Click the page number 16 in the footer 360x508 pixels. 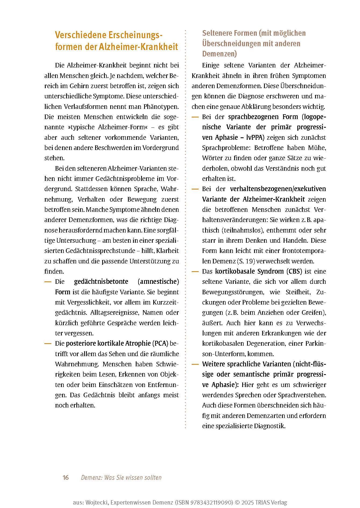[x=66, y=477]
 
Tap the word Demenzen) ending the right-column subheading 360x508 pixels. [x=219, y=54]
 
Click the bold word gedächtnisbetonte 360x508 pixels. [x=101, y=282]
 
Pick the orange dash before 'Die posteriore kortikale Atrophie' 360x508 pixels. [x=48, y=344]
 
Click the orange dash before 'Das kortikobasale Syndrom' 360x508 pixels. [x=195, y=271]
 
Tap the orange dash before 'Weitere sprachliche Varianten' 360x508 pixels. [x=195, y=364]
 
